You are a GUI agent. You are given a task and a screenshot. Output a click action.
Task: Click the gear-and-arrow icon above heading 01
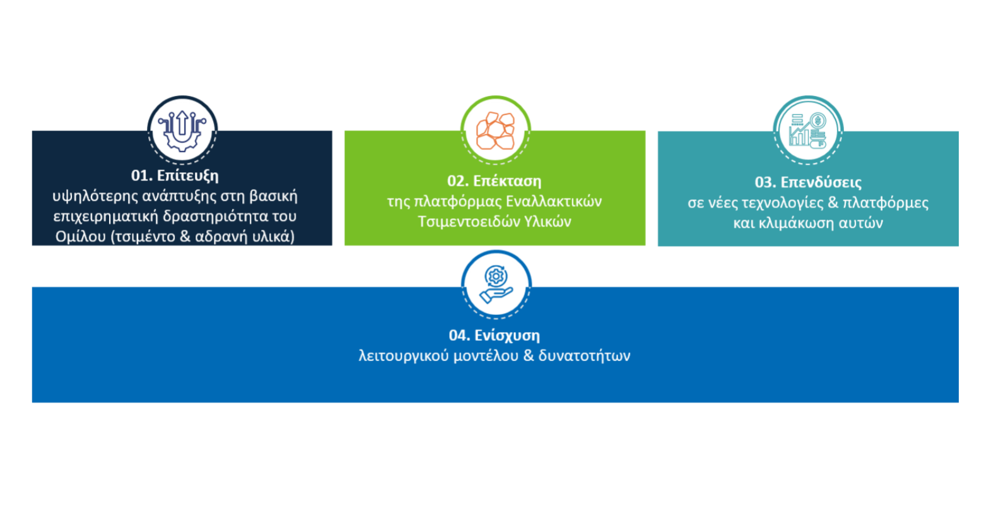coord(182,129)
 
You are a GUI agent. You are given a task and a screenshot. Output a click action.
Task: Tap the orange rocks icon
coord(495,131)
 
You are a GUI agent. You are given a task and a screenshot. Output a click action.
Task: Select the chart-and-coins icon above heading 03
coord(808,131)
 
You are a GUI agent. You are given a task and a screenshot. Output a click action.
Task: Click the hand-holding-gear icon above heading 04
coord(496,285)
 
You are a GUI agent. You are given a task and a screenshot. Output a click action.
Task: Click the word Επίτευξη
coord(187,175)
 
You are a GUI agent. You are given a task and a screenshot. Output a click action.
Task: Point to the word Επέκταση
coord(507,181)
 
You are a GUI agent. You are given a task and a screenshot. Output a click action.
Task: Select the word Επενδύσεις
coord(821,182)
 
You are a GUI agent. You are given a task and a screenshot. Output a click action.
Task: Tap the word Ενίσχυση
coord(507,335)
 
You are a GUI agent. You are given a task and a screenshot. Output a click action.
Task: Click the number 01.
coord(141,175)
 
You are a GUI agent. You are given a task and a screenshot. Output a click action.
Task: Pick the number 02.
coord(457,181)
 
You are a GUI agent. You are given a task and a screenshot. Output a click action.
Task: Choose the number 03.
coord(765,182)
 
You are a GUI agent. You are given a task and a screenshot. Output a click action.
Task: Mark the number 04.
coord(459,335)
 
